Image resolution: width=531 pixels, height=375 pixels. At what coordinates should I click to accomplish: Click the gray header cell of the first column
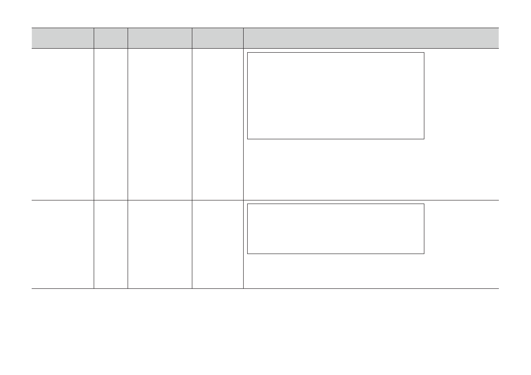[x=62, y=38]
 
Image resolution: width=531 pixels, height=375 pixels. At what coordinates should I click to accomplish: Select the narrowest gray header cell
[x=111, y=38]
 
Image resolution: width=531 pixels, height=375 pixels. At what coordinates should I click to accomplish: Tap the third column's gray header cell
[x=160, y=38]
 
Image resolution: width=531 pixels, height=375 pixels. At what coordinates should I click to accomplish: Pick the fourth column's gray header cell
[x=218, y=38]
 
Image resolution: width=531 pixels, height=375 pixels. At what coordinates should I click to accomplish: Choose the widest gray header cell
[x=371, y=38]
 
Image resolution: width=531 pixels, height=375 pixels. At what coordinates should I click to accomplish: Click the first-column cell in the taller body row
[x=62, y=124]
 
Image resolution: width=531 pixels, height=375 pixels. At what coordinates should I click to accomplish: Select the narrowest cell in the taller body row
[x=111, y=124]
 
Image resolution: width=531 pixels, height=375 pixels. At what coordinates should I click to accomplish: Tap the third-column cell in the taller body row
[x=160, y=124]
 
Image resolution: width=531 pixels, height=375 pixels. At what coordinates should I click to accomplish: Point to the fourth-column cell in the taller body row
[x=218, y=124]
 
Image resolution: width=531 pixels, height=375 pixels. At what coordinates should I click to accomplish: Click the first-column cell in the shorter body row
[x=62, y=244]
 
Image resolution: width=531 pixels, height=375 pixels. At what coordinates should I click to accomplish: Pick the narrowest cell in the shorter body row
[x=111, y=244]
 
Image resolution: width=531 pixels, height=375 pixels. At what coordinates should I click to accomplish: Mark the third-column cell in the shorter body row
[x=160, y=244]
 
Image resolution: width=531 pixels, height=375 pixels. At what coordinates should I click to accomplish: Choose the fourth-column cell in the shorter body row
[x=218, y=244]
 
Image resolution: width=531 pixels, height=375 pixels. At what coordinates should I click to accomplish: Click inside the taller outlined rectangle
[x=336, y=96]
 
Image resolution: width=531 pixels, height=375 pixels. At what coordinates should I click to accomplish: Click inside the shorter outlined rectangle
[x=336, y=229]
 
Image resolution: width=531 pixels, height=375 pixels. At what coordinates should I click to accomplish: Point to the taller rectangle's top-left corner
[x=248, y=53]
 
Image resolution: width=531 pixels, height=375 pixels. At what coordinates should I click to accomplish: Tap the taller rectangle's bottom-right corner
[x=424, y=139]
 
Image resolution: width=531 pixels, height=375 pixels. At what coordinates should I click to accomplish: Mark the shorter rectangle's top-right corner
[x=424, y=204]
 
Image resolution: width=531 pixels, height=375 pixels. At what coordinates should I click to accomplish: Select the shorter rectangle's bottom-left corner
[x=248, y=254]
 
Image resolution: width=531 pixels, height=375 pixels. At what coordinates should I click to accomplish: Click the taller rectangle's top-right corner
[x=424, y=53]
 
